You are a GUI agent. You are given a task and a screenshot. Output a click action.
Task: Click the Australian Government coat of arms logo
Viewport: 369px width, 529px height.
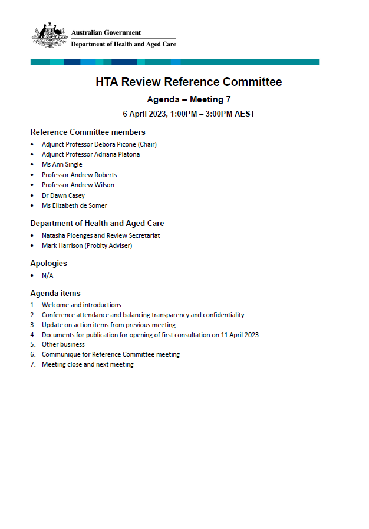click(49, 36)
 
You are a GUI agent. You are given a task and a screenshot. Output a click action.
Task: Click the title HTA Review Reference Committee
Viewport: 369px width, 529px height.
click(189, 82)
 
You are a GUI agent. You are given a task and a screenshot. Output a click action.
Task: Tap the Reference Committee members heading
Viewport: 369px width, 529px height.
click(88, 132)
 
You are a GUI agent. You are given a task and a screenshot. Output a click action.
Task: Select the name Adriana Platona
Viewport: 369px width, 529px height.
click(117, 154)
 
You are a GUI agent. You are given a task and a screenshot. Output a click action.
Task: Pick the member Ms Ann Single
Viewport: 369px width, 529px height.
click(62, 164)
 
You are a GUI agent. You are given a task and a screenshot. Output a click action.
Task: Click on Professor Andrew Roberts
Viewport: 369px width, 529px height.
click(79, 175)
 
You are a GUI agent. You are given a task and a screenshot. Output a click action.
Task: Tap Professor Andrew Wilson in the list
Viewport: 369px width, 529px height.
click(78, 185)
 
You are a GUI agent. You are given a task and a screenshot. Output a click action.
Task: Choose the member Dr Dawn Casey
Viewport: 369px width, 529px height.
click(63, 195)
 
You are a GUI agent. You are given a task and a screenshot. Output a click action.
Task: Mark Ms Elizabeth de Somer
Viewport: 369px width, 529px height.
click(74, 205)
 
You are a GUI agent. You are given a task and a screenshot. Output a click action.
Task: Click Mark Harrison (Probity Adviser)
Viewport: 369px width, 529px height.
click(87, 245)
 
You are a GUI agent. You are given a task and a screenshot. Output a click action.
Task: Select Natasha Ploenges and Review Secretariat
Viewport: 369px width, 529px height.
click(101, 235)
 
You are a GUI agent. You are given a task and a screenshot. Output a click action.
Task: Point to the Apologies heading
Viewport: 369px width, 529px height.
click(49, 263)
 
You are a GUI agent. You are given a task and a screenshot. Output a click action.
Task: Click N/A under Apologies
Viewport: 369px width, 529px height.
click(47, 275)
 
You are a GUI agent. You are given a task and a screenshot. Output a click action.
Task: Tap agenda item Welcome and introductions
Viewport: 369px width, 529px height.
click(81, 305)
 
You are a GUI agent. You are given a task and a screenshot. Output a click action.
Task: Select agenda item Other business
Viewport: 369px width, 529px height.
click(63, 344)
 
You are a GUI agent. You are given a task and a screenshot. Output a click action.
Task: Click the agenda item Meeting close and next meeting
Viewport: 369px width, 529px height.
click(87, 364)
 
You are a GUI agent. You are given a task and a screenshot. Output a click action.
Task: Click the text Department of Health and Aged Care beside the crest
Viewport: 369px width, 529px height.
click(123, 44)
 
